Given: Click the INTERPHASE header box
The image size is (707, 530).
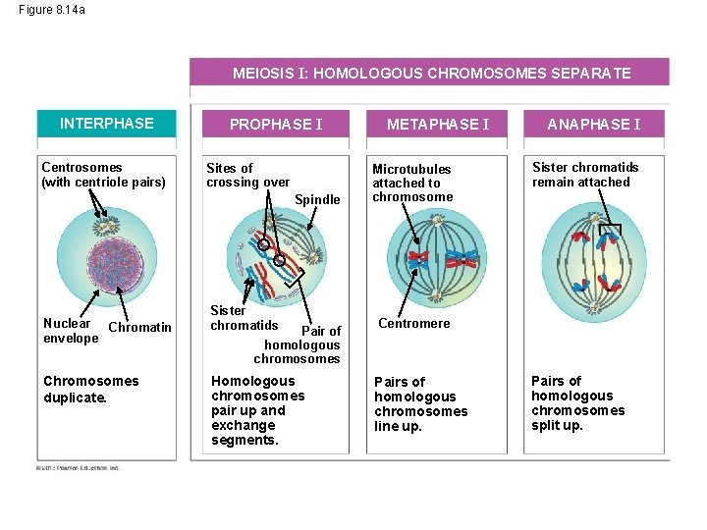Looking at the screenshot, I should point(107,124).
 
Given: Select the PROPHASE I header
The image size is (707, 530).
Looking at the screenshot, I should point(275,125).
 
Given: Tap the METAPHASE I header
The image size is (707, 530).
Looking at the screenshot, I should point(438,125).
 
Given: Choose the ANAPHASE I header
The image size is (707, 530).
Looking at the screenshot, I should point(593,125).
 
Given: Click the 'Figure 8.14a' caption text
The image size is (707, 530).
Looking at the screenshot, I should point(51,9).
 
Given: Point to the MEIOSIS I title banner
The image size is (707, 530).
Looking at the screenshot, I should point(431,73).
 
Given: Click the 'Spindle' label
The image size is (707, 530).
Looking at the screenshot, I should point(317,199).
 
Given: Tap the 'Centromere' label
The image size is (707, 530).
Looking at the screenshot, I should point(413,323).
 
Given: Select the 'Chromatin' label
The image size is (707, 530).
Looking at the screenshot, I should point(139,327).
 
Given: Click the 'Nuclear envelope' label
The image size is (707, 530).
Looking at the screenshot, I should point(70,331).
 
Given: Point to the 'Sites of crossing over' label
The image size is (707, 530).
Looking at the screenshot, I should point(247,175).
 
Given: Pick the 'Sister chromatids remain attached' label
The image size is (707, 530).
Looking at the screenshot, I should point(584,175).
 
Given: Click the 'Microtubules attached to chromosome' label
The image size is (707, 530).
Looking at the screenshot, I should point(412,183).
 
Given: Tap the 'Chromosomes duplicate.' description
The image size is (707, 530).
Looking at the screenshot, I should point(91,389).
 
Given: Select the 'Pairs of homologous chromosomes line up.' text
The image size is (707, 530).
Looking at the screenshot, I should point(420,404).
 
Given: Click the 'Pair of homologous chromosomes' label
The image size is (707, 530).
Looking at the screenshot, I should point(302,344).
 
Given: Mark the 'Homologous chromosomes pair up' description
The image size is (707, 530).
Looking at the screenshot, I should point(257,410).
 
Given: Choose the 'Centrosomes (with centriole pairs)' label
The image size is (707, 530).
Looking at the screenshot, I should point(103,175).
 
